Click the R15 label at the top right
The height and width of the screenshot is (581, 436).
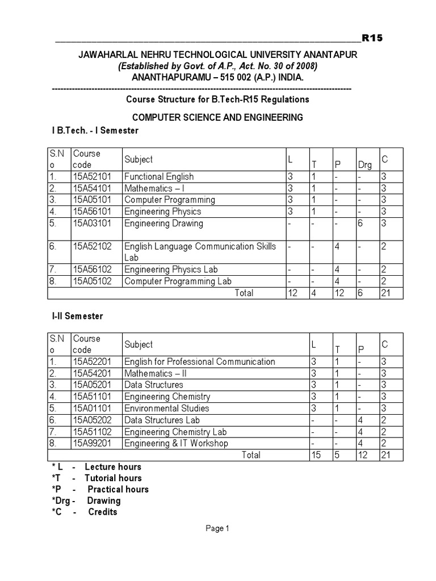(372, 38)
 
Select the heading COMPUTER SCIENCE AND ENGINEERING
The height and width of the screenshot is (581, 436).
(217, 117)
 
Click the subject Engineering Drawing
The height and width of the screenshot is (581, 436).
(163, 223)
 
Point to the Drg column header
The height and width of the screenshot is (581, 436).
(365, 165)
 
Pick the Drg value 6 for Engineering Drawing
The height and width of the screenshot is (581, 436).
(360, 223)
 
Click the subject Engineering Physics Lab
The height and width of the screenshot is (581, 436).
(171, 270)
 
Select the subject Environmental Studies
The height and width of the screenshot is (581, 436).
(167, 408)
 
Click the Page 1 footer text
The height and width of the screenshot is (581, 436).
(217, 528)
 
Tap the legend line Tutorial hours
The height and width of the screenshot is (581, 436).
(113, 478)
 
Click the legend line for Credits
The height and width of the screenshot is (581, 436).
(102, 512)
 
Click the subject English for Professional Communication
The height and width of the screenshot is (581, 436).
(199, 361)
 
